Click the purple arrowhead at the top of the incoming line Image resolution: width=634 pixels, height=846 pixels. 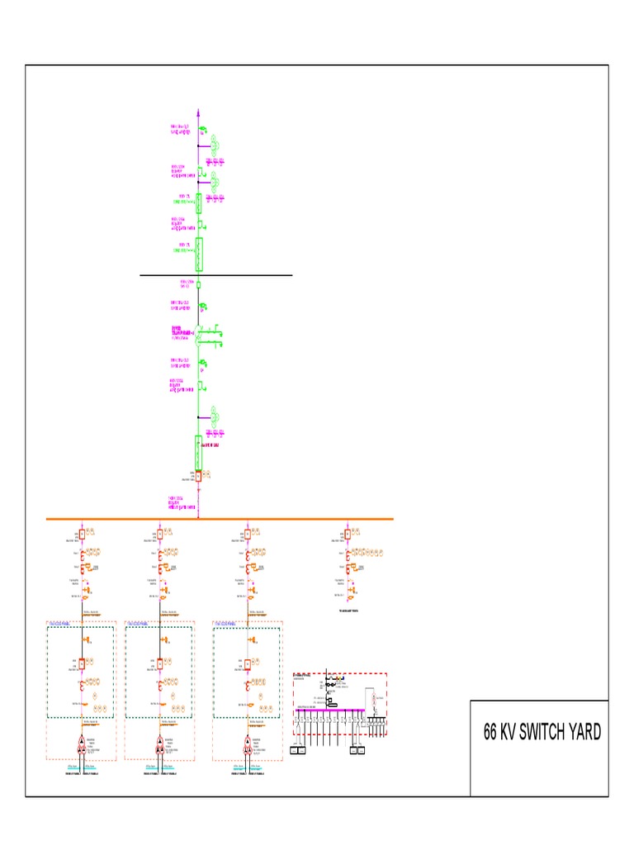[199, 109]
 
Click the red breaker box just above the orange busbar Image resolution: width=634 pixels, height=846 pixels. [198, 475]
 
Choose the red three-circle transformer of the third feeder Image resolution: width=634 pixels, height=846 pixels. [247, 744]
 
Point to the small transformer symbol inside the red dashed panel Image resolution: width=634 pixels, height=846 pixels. [372, 699]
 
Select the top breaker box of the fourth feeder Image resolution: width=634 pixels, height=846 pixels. [348, 534]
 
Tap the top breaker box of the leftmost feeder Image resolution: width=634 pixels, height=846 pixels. [82, 534]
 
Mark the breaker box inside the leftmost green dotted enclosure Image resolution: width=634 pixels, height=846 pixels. [82, 663]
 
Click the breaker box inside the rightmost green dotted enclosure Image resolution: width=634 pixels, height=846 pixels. [247, 663]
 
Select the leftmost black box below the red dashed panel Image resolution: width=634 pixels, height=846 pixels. [301, 750]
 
